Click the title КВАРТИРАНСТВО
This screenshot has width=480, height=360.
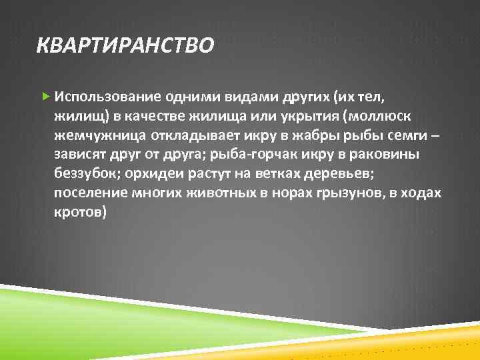point(125,46)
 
